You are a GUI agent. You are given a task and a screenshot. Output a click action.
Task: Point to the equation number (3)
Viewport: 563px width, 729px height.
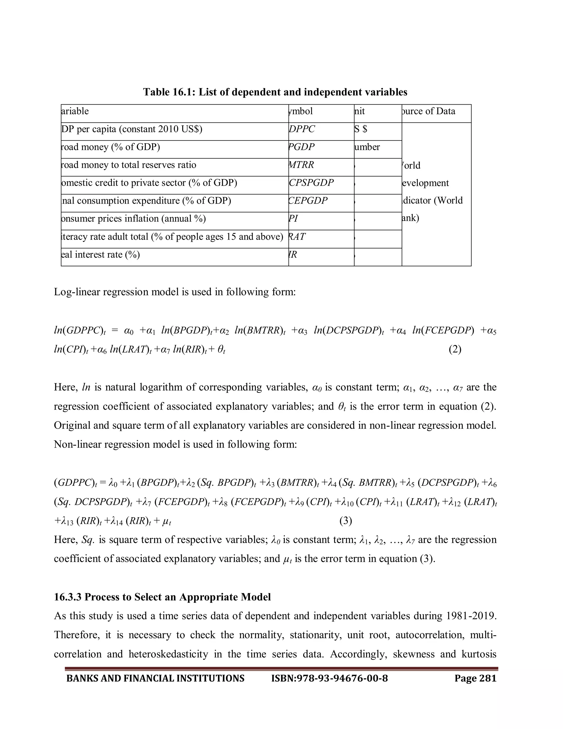coord(346,521)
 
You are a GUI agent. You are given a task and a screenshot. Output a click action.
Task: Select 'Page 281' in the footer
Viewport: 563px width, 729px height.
coord(475,678)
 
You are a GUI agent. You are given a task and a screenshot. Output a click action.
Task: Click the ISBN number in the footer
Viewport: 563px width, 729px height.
coord(330,678)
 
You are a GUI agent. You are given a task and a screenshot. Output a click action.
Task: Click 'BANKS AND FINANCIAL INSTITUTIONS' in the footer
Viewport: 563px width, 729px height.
coord(155,678)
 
